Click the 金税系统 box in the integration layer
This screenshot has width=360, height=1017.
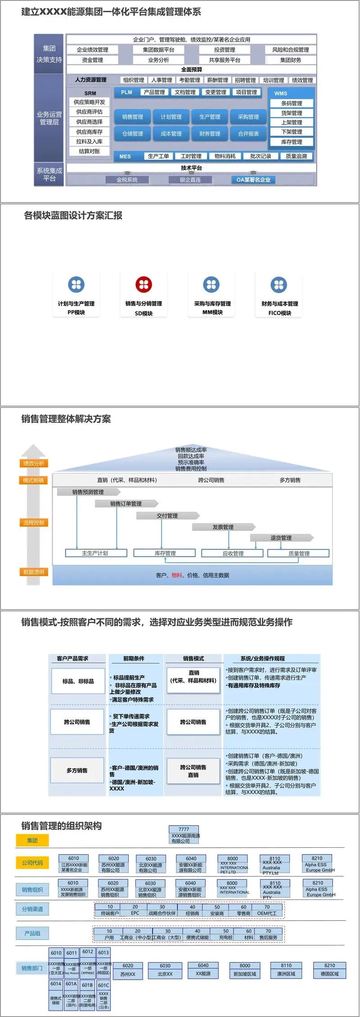tap(127, 180)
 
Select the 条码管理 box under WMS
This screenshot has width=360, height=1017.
tap(292, 103)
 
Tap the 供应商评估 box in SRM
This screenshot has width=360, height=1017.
tap(89, 112)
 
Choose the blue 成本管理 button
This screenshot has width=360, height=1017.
tap(171, 134)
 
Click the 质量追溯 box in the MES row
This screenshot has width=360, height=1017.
tap(296, 156)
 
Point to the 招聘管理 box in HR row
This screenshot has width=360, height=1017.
tap(245, 80)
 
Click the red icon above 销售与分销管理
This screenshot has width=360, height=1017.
tap(144, 285)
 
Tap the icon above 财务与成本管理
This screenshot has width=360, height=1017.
tap(279, 285)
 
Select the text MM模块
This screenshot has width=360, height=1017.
tap(212, 312)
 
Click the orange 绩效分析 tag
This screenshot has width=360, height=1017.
tap(34, 463)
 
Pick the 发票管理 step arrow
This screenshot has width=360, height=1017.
tap(223, 527)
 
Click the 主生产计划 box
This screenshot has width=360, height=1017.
tap(95, 553)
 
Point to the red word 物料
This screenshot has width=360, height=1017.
tap(177, 575)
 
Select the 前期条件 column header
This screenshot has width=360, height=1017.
tap(134, 658)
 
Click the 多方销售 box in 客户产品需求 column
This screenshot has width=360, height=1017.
tap(77, 770)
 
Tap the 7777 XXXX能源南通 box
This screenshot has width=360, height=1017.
tap(184, 835)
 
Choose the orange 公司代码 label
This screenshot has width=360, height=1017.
tap(32, 863)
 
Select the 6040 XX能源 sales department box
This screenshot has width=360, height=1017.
tap(203, 969)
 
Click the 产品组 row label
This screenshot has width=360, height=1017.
tap(32, 933)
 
